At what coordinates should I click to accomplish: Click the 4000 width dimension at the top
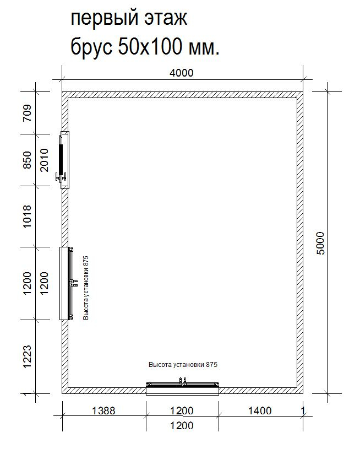pos(181,73)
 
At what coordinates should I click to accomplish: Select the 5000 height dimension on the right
pos(321,243)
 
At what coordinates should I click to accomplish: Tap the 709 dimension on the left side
pos(27,112)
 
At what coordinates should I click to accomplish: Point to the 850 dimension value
pos(27,160)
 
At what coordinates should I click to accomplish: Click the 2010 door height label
pos(44,160)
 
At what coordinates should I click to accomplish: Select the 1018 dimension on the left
pos(27,217)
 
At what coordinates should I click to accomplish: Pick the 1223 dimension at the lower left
pos(27,356)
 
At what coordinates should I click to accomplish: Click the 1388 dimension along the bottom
pos(103,410)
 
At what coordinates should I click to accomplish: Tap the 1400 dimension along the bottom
pos(260,410)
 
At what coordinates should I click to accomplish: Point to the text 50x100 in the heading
pos(150,46)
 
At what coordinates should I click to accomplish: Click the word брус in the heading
pos(91,47)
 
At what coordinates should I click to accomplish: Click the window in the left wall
pos(67,283)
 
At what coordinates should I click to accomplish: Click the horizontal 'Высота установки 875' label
pos(183,365)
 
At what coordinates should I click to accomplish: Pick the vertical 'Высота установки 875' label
pos(85,288)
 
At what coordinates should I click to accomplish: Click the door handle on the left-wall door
pos(61,177)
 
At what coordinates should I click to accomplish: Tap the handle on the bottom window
pos(183,381)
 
